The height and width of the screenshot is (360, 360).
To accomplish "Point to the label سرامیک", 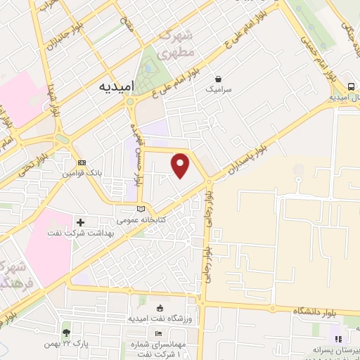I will click(218, 90).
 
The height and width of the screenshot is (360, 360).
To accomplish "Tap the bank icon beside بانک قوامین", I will click(82, 162).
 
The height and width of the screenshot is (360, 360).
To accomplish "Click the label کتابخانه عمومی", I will click(141, 220).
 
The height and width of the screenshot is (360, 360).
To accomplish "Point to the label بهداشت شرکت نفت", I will click(75, 233).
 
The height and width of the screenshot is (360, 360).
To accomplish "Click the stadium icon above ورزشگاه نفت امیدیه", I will click(160, 308).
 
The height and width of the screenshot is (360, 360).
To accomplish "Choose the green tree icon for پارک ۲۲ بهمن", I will click(66, 332).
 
